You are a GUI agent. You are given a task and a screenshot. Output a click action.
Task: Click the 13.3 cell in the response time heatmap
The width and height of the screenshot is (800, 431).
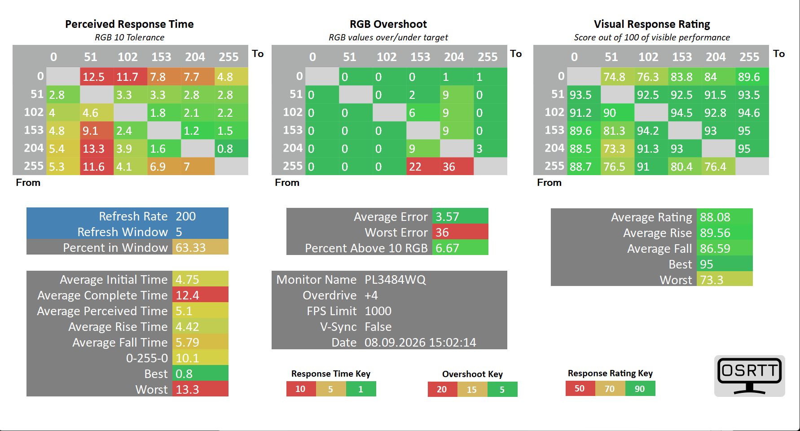[97, 148]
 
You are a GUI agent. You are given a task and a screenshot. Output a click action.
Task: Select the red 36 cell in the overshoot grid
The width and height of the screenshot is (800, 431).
[457, 166]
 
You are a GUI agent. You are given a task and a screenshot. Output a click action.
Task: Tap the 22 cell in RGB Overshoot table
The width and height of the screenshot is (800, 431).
[423, 166]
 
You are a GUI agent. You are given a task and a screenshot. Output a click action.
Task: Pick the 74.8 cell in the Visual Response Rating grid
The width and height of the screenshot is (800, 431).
[618, 77]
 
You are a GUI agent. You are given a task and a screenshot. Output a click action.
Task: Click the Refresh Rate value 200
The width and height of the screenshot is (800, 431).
[186, 216]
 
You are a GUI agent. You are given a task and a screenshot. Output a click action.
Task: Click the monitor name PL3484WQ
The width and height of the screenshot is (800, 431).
[395, 280]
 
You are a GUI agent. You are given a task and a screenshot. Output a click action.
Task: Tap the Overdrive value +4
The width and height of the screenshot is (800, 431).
[371, 295]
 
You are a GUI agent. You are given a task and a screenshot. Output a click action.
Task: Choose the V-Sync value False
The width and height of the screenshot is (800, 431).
[378, 327]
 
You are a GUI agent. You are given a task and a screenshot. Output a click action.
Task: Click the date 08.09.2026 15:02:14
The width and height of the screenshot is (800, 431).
[420, 343]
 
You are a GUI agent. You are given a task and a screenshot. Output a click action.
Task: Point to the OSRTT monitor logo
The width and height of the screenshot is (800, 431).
[750, 376]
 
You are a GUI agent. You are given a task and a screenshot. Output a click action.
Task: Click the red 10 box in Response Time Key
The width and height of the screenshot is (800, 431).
[301, 389]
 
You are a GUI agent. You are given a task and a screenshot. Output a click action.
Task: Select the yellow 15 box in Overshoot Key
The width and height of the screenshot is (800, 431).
[472, 389]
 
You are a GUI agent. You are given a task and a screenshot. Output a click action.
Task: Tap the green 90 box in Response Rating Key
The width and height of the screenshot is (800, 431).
[640, 388]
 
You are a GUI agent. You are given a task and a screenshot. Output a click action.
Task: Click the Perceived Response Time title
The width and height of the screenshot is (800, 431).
[129, 24]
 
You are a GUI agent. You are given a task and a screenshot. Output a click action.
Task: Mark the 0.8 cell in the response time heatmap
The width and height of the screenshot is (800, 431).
[231, 148]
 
